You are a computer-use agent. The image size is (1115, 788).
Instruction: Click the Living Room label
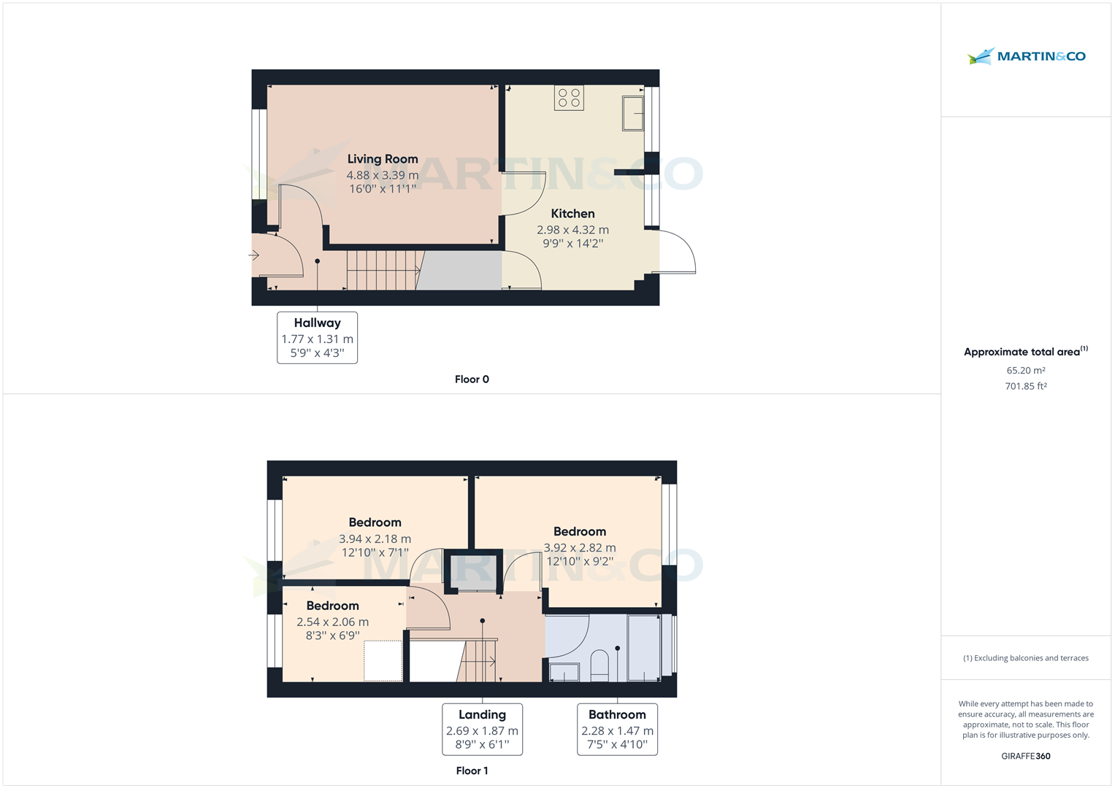coord(383,159)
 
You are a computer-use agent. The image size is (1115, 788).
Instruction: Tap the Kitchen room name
coord(572,214)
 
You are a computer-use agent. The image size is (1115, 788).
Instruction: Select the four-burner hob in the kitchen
coord(569,98)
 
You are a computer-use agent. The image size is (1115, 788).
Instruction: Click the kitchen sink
coord(633,113)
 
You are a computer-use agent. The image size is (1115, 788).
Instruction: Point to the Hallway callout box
coord(317,337)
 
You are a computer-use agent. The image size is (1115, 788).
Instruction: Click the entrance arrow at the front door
coord(254,255)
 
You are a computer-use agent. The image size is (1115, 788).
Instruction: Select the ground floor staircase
coord(382,270)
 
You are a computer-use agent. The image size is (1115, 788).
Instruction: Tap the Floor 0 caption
coord(472,379)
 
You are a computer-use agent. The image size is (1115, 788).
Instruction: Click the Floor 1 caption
coord(472,770)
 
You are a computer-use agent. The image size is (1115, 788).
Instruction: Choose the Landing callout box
coord(482,729)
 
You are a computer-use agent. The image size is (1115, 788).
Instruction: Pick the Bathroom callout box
coord(617,729)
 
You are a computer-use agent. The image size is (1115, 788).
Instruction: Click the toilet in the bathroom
coord(599,665)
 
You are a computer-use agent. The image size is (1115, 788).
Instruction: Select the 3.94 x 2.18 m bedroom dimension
coord(375,539)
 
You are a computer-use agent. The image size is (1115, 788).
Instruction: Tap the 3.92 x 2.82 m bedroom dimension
coord(580,548)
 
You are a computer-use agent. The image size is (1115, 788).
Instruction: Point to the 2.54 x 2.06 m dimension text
coord(332,622)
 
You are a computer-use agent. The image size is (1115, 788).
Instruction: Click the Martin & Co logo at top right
coord(1026,56)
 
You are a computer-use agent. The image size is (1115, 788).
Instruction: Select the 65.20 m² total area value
coord(1026,371)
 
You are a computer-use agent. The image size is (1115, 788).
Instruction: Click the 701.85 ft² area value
coord(1026,387)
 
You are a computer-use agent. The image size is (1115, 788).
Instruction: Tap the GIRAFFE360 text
coord(1026,756)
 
